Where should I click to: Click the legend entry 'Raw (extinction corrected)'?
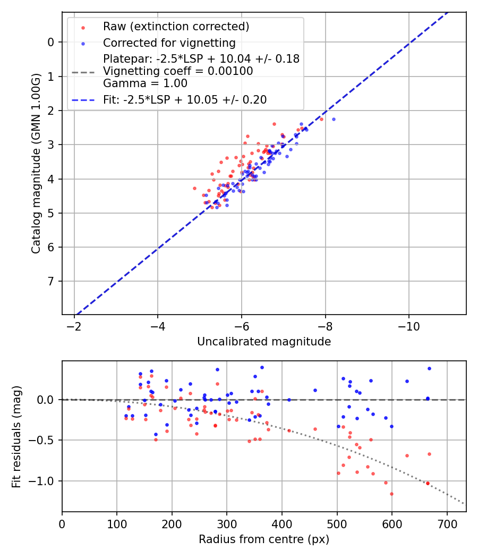pyautogui.click(x=176, y=26)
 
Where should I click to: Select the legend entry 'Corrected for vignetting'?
pyautogui.click(x=169, y=43)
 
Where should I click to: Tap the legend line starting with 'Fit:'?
pyautogui.click(x=185, y=99)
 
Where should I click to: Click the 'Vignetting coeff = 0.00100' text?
pyautogui.click(x=178, y=71)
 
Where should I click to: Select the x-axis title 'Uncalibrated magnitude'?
pyautogui.click(x=264, y=342)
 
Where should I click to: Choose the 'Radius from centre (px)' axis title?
pyautogui.click(x=264, y=539)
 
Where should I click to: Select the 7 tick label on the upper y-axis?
pyautogui.click(x=51, y=281)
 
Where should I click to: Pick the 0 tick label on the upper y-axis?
pyautogui.click(x=51, y=42)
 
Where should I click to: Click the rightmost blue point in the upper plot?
pyautogui.click(x=334, y=119)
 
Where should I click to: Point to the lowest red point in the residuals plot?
pyautogui.click(x=392, y=494)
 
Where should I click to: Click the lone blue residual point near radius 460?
pyautogui.click(x=315, y=390)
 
